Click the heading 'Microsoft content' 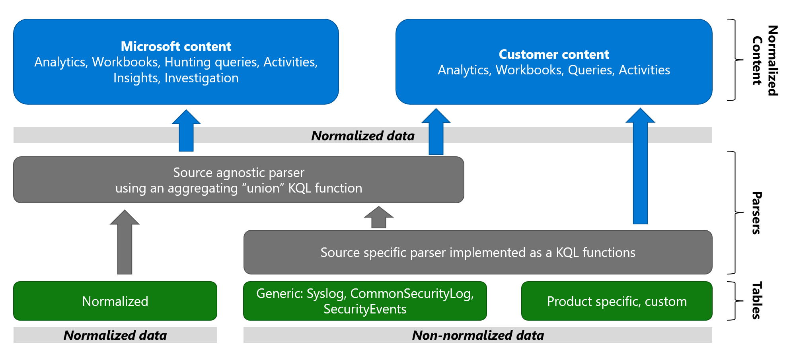(x=176, y=47)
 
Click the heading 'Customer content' (x=554, y=54)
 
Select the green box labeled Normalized (x=115, y=301)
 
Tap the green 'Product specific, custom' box (x=617, y=301)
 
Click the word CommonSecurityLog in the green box (x=411, y=294)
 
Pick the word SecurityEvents (x=365, y=309)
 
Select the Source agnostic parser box (x=238, y=180)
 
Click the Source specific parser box (x=477, y=252)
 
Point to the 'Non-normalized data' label (x=478, y=335)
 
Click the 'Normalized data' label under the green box (x=115, y=335)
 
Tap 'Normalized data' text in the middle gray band (x=363, y=136)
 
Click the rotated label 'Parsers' (x=756, y=213)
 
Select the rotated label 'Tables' (x=756, y=300)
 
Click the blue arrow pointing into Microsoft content (x=186, y=131)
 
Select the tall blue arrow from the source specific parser (x=640, y=167)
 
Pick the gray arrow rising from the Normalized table (x=125, y=243)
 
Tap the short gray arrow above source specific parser (x=379, y=218)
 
